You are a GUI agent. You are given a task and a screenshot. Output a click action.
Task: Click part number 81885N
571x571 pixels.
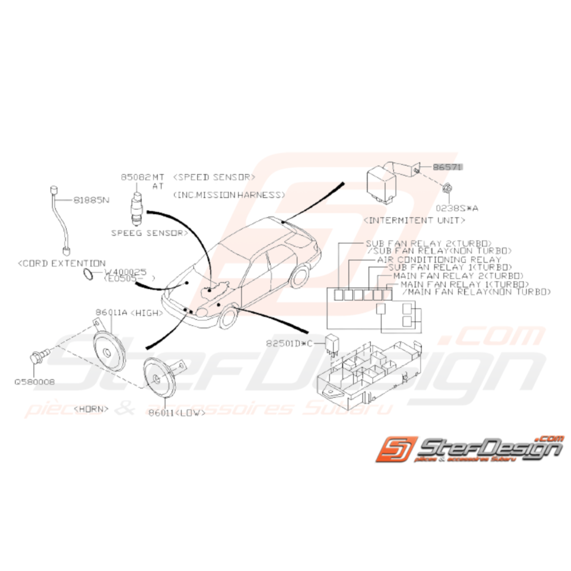pyautogui.click(x=91, y=201)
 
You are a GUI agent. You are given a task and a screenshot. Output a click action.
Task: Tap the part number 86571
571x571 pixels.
pyautogui.click(x=447, y=166)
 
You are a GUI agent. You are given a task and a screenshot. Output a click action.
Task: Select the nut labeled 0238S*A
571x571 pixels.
pyautogui.click(x=446, y=190)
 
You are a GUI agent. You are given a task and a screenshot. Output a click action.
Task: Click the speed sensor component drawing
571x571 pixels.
pyautogui.click(x=136, y=206)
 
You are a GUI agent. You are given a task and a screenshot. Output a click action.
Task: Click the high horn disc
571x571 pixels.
pyautogui.click(x=109, y=351)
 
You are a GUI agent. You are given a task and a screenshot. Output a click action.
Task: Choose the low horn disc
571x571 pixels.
pyautogui.click(x=158, y=380)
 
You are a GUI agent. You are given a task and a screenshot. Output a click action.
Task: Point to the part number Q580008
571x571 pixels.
pyautogui.click(x=34, y=381)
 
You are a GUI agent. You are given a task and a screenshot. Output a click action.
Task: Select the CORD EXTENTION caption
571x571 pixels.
pyautogui.click(x=62, y=263)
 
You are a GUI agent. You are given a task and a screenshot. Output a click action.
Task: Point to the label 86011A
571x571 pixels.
pyautogui.click(x=111, y=313)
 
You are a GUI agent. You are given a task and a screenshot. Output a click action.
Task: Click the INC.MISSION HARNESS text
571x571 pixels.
pyautogui.click(x=228, y=194)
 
